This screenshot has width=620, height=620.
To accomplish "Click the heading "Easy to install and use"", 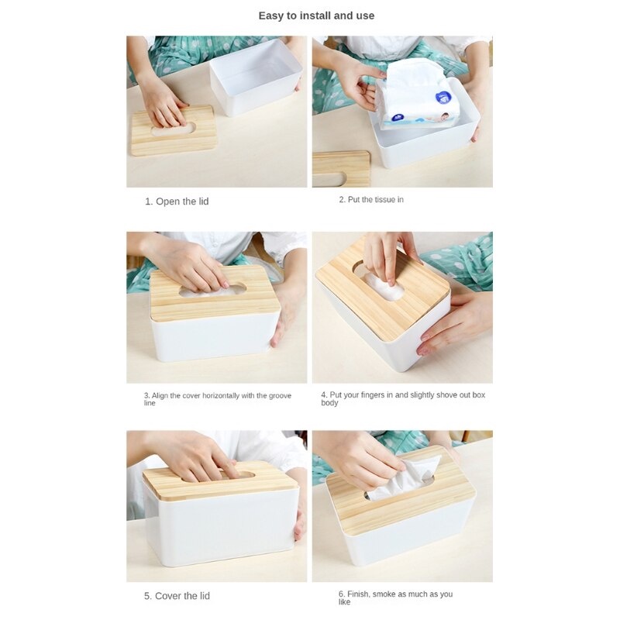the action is [x=316, y=15].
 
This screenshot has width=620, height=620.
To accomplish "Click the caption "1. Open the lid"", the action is [x=177, y=201].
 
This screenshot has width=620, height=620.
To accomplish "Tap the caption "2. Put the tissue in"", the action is [x=371, y=200].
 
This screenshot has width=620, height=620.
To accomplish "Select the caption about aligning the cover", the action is [x=218, y=398].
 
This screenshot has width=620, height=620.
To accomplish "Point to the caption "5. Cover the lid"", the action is [x=177, y=596].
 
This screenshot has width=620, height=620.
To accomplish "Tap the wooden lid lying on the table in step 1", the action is [x=174, y=130].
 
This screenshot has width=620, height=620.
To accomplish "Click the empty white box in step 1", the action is [x=255, y=77].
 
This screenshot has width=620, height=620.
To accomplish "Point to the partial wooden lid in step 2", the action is [x=341, y=168].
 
